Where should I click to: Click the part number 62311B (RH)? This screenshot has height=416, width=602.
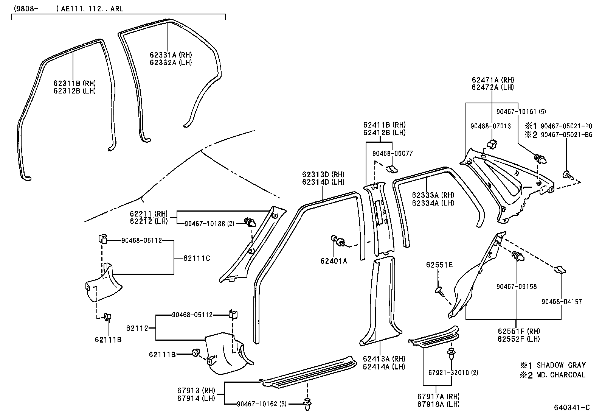(x=74, y=83)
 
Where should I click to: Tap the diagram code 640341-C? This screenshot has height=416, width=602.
(x=571, y=408)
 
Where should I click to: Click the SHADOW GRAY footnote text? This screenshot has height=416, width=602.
(x=561, y=365)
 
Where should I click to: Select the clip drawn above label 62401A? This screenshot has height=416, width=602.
(x=338, y=241)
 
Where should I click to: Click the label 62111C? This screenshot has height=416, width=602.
(x=197, y=258)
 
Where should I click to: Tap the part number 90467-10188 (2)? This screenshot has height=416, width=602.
(x=209, y=224)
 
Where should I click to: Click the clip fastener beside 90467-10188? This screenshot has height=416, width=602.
(x=249, y=222)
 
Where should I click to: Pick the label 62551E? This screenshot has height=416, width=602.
(x=439, y=265)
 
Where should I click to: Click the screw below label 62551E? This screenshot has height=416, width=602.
(x=440, y=291)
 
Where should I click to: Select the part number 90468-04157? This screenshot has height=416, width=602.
(x=562, y=302)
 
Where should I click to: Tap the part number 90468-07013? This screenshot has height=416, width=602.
(x=490, y=126)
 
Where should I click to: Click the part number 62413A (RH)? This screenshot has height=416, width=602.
(x=383, y=359)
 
